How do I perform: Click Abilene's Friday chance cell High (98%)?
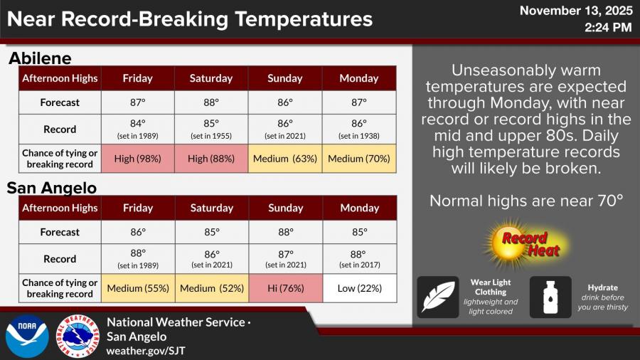(x=138, y=159)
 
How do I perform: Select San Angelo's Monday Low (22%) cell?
(x=359, y=288)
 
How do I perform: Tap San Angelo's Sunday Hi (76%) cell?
(x=285, y=288)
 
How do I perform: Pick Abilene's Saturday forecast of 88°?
(x=211, y=102)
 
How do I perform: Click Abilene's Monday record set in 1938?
(x=359, y=129)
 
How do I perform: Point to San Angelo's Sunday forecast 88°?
(x=285, y=232)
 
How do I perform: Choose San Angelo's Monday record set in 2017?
(x=359, y=258)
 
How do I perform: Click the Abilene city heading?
(x=40, y=58)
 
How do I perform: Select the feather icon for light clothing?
(x=437, y=297)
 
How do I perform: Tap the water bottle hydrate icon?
(x=550, y=297)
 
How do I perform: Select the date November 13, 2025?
(x=575, y=11)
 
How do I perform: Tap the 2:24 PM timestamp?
(x=608, y=28)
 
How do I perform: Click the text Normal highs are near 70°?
(x=526, y=201)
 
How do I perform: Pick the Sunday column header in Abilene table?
(x=285, y=78)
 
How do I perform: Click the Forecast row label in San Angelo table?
(x=60, y=232)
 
